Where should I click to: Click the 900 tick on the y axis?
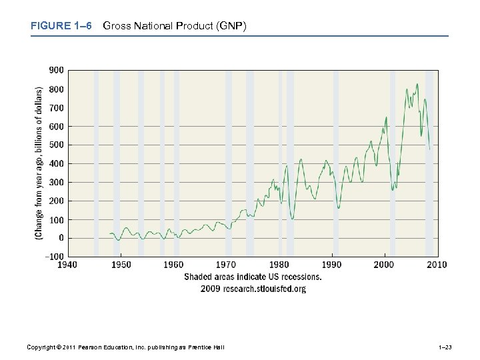tap(56, 70)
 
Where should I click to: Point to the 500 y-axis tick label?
tap(56, 145)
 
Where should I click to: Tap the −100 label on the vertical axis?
tap(55, 257)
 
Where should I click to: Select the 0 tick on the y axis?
tap(61, 238)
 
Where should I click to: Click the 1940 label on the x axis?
tap(67, 265)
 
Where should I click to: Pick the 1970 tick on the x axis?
tap(226, 265)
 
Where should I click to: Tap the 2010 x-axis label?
tap(437, 265)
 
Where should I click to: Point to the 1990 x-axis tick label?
tap(331, 265)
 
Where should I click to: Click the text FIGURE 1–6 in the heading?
tap(60, 26)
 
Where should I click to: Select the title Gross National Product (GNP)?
tap(175, 26)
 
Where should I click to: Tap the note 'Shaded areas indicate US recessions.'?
tap(253, 277)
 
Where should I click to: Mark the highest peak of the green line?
tap(417, 84)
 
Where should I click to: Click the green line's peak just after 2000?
tap(386, 117)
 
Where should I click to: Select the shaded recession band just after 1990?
tap(336, 163)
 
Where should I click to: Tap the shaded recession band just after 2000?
tap(393, 163)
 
